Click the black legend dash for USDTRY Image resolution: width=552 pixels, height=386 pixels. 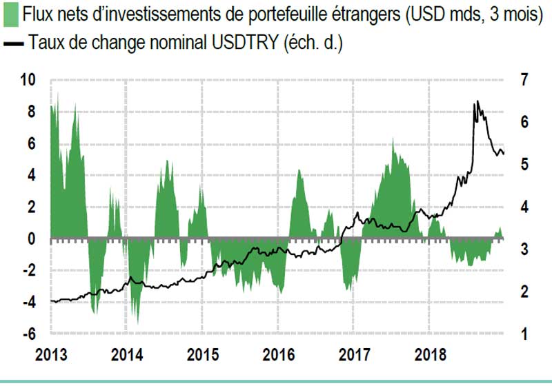[x=14, y=43]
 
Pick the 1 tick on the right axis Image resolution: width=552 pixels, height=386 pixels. [x=524, y=334]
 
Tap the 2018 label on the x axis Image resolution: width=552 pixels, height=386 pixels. [x=428, y=356]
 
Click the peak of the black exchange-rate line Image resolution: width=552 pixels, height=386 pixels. [x=475, y=102]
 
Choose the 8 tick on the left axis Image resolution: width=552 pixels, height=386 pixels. [x=30, y=111]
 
